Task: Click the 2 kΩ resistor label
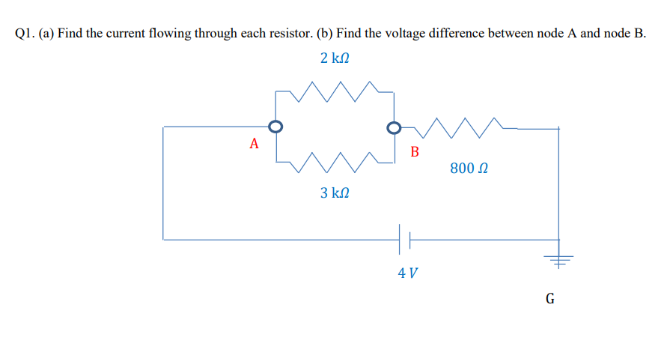coord(335,58)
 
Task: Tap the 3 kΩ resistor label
coord(335,193)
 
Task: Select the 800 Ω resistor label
coord(470,169)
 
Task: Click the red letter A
coord(255,143)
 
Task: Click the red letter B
coord(415,152)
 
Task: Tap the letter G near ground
coord(550,300)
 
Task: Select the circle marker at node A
coord(275,127)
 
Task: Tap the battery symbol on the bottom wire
coord(405,240)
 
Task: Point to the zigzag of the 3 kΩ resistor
coord(335,160)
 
